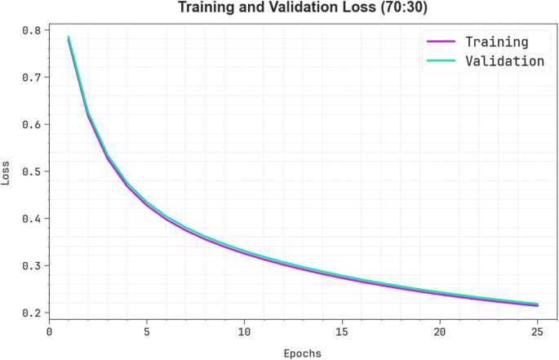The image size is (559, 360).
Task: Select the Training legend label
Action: pos(496,42)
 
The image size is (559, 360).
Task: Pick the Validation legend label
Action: pos(504,60)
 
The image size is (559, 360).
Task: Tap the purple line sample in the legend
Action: pos(440,42)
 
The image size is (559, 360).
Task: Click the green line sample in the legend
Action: pos(440,60)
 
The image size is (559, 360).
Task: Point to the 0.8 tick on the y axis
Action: pos(31,30)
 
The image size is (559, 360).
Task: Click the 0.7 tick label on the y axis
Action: pos(31,78)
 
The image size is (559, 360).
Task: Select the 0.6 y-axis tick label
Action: pos(31,125)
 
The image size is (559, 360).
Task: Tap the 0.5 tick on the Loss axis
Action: pos(31,171)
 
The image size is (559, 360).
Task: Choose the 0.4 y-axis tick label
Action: pos(31,219)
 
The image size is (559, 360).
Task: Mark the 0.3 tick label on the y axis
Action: pos(31,266)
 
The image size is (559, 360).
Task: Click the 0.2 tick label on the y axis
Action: pos(31,313)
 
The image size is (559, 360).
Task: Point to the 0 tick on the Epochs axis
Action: pos(49,332)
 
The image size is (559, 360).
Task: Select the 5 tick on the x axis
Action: pos(147,332)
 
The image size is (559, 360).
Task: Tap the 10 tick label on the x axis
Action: pos(244,332)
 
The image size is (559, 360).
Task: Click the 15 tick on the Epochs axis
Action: pos(342,332)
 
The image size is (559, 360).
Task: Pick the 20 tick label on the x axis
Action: pos(440,332)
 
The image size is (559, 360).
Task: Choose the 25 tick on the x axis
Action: pos(537,332)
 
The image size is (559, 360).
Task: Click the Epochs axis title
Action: pos(302,353)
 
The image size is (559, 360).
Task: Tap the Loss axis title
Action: pos(7,172)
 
